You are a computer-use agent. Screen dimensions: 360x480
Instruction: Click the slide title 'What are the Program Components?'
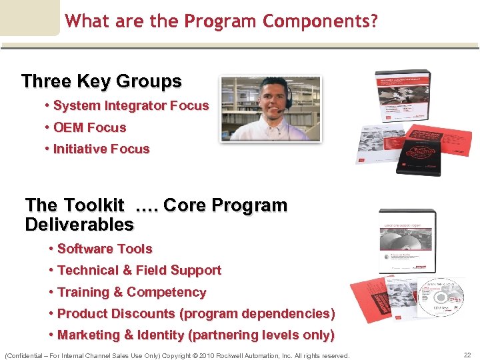[x=221, y=21]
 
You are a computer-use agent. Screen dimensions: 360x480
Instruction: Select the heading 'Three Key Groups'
[x=101, y=81]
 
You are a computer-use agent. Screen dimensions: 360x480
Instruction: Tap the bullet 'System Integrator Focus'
[x=131, y=105]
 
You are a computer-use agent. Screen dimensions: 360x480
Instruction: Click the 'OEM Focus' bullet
[x=89, y=127]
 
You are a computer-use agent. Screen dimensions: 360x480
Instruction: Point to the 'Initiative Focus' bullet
[x=101, y=149]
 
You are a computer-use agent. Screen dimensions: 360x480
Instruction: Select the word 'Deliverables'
[x=79, y=225]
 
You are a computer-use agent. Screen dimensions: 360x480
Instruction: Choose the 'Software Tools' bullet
[x=105, y=249]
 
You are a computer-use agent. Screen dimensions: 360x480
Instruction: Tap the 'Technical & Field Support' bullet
[x=139, y=270]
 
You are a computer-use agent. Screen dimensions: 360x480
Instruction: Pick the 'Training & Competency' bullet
[x=131, y=292]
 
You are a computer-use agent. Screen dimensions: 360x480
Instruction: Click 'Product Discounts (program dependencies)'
[x=196, y=313]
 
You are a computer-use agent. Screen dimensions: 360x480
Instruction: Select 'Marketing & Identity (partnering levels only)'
[x=196, y=335]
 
